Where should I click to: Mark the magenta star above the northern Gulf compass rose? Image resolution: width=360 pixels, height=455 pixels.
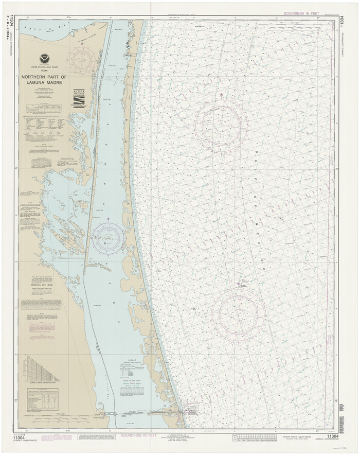(222, 95)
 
